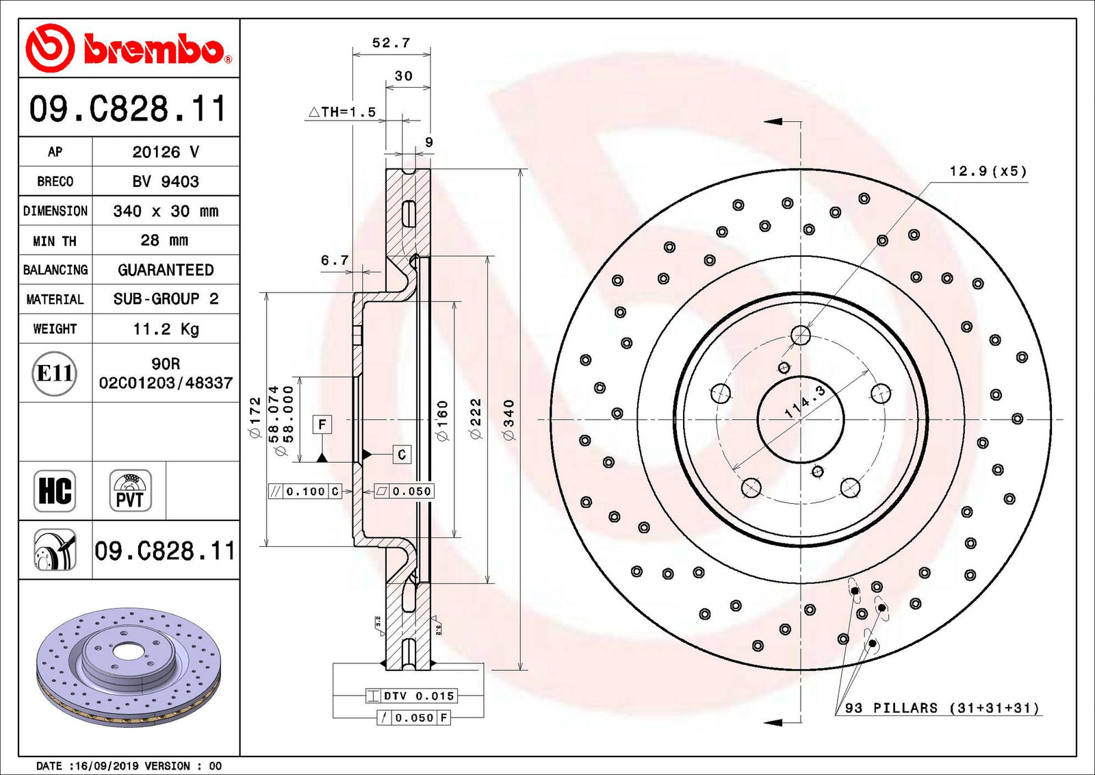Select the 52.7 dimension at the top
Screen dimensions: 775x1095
coord(391,43)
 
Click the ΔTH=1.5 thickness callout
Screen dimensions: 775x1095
coord(343,112)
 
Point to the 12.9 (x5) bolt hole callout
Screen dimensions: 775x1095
coord(988,171)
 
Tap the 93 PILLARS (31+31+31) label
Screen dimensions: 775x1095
coord(942,708)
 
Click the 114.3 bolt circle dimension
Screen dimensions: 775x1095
coord(805,401)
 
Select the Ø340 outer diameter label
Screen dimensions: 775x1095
coord(508,420)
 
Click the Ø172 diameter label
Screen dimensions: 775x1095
coord(255,417)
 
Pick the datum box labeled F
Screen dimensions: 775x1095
coord(322,424)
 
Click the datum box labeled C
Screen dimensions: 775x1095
coord(402,454)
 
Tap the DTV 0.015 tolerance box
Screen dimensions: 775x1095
coord(411,696)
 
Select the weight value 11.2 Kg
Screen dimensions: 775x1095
coord(166,329)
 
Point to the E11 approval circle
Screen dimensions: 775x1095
coord(55,373)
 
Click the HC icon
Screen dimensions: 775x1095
coord(55,491)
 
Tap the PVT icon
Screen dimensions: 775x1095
coord(130,491)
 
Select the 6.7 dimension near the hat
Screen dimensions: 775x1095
coord(335,260)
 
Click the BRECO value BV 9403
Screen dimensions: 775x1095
coord(166,181)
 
